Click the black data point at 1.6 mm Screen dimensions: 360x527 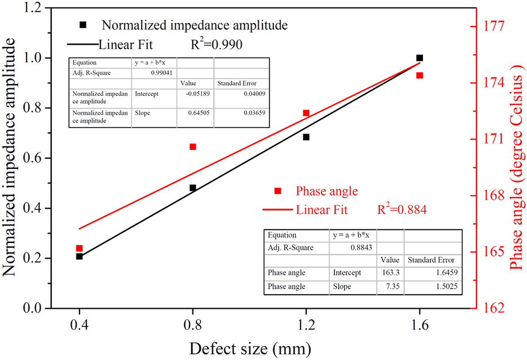[419, 58]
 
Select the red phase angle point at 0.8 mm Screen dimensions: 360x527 [193, 146]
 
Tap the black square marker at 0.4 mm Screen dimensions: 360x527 [79, 256]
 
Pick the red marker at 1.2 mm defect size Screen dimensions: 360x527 [306, 113]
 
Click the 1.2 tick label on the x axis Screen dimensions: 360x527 [306, 324]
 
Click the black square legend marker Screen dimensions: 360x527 [84, 25]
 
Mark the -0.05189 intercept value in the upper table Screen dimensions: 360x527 [195, 94]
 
